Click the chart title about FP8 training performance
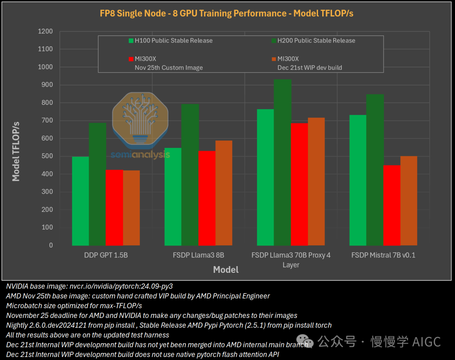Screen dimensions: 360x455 (x=226, y=13)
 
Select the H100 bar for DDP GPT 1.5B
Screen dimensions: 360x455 (x=80, y=201)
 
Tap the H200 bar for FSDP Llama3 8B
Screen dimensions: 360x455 (x=190, y=175)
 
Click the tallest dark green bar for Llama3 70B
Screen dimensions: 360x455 (x=283, y=162)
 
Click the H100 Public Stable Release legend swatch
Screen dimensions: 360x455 (x=131, y=41)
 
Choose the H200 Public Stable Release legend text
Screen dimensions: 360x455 (x=316, y=41)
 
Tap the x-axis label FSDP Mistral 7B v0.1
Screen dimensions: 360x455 (x=383, y=255)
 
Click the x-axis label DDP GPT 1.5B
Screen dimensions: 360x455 (x=106, y=255)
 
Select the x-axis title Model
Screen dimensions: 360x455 (x=226, y=270)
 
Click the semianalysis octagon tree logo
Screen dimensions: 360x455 (x=140, y=120)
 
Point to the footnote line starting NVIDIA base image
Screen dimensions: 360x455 (x=89, y=286)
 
